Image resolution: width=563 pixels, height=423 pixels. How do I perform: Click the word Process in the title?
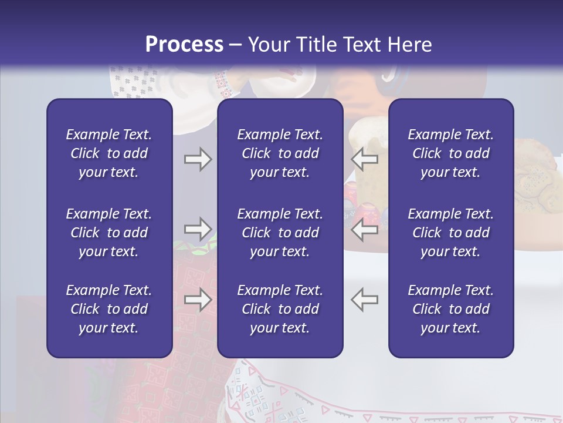click(184, 45)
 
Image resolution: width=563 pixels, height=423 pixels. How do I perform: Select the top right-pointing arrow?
click(198, 159)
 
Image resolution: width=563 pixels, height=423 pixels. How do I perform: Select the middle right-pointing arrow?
click(198, 229)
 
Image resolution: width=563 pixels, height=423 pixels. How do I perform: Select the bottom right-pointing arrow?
click(198, 300)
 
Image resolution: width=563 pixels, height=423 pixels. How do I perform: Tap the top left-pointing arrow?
click(364, 159)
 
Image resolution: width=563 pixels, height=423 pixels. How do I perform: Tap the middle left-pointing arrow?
click(364, 229)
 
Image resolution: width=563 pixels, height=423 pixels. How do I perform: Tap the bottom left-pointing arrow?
click(364, 300)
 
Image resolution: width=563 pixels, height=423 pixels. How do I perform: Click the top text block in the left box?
click(109, 153)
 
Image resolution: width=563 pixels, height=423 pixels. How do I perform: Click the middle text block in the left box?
click(109, 233)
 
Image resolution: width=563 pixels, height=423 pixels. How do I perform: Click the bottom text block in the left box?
click(109, 309)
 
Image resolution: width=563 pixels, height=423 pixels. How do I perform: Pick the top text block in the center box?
click(280, 153)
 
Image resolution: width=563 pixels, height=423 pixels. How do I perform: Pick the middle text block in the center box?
click(280, 233)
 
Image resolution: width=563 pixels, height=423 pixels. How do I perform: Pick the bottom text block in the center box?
click(280, 309)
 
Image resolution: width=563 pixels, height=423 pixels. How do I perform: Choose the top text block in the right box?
click(450, 153)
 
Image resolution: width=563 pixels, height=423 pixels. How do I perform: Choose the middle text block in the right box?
click(450, 233)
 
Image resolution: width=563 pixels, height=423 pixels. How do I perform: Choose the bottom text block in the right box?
click(450, 309)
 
